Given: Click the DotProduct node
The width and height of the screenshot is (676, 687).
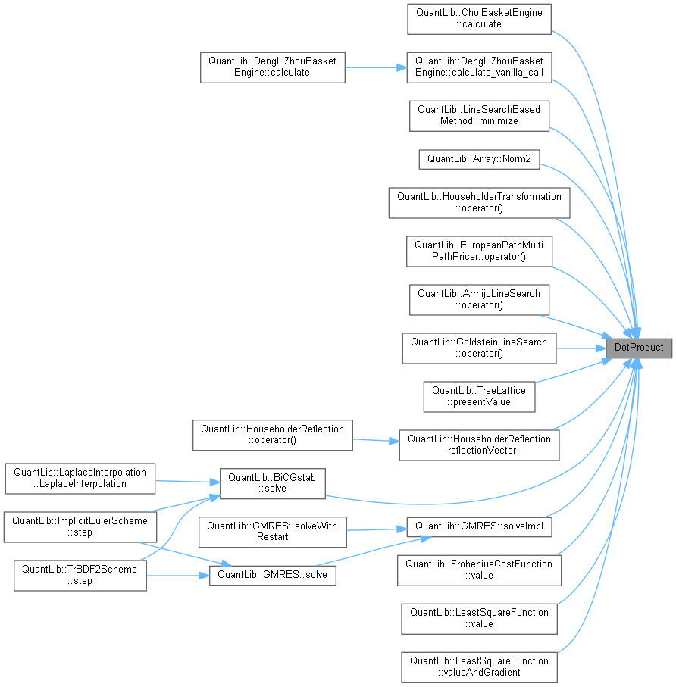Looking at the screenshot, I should point(638,348).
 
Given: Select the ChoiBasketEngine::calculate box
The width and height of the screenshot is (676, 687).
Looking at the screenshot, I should point(477,18).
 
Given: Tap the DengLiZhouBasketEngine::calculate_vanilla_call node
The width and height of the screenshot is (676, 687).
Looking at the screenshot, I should point(479,67).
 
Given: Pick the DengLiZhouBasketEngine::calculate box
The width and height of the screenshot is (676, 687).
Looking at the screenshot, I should point(273,67).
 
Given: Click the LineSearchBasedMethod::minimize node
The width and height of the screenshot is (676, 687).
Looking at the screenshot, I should point(479,115).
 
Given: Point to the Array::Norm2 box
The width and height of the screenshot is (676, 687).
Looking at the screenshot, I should point(479,159).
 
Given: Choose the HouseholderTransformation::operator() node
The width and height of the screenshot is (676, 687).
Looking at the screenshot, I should point(479,203).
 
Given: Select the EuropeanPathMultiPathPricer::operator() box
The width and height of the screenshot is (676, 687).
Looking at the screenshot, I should point(479,251).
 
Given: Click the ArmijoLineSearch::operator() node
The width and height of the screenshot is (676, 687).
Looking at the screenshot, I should point(479,299).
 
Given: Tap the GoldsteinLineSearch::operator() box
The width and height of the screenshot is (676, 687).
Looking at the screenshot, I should point(479,348).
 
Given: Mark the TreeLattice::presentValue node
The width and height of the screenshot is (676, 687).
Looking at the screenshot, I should point(479,396).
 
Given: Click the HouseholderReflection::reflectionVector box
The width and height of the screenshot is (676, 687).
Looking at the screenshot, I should point(479,445).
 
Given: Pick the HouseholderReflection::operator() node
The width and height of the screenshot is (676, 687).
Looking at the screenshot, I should point(273,435).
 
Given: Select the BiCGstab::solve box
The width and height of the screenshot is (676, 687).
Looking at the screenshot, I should point(272,483).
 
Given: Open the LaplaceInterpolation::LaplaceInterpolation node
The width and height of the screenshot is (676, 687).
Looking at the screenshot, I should point(80,477).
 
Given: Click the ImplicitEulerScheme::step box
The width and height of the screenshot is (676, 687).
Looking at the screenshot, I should point(80,526).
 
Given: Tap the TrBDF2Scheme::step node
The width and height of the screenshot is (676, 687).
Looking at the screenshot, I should point(80,575).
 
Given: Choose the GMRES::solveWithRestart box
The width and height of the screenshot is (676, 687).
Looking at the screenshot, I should point(272,531).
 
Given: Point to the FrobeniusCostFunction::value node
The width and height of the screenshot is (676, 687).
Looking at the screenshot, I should point(479,570).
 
